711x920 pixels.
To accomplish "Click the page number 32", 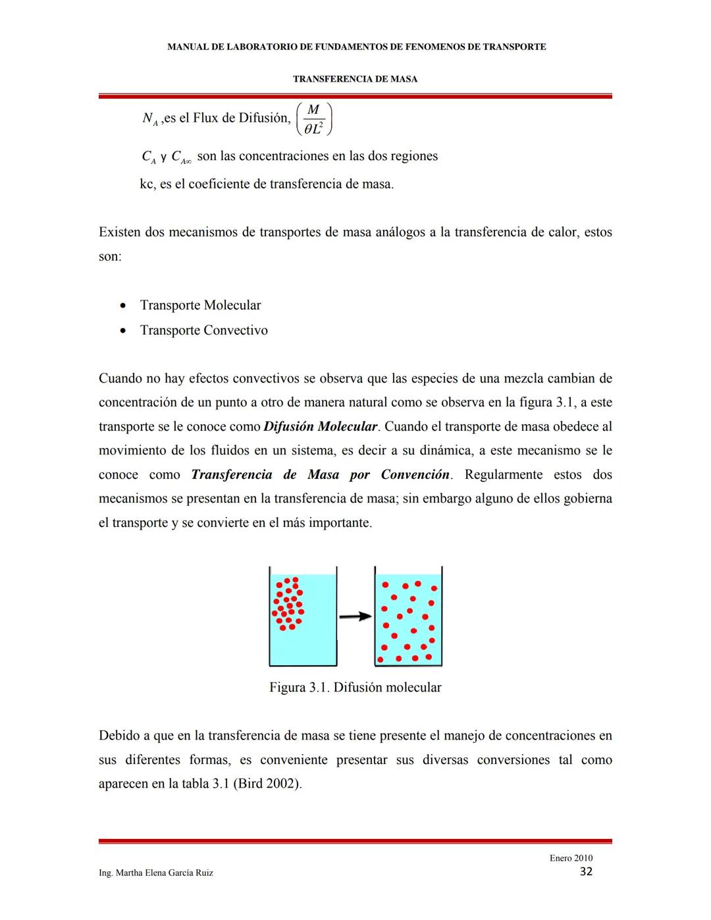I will pyautogui.click(x=585, y=872).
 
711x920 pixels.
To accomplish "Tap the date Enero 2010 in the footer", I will pyautogui.click(x=571, y=857).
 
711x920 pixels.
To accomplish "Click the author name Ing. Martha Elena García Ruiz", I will pyautogui.click(x=156, y=873).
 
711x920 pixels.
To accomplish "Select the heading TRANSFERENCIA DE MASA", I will pyautogui.click(x=355, y=79).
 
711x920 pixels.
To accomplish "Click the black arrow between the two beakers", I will pyautogui.click(x=355, y=616).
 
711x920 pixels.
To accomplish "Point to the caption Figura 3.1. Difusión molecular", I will pyautogui.click(x=355, y=688).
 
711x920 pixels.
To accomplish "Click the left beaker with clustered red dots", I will pyautogui.click(x=303, y=616).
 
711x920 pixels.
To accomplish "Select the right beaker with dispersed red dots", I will pyautogui.click(x=408, y=616).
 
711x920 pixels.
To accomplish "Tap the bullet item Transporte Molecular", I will pyautogui.click(x=200, y=306).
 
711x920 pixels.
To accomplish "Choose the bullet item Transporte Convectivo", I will pyautogui.click(x=203, y=331).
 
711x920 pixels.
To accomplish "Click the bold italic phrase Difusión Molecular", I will pyautogui.click(x=321, y=427).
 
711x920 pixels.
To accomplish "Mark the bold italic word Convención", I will pyautogui.click(x=415, y=475).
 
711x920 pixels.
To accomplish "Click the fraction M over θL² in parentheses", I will pyautogui.click(x=314, y=119).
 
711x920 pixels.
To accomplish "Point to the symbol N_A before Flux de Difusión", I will pyautogui.click(x=149, y=119).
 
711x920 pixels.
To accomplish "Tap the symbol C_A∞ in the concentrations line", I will pyautogui.click(x=181, y=157).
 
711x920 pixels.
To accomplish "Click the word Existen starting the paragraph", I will pyautogui.click(x=119, y=232).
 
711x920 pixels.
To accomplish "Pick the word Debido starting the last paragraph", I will pyautogui.click(x=119, y=736).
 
